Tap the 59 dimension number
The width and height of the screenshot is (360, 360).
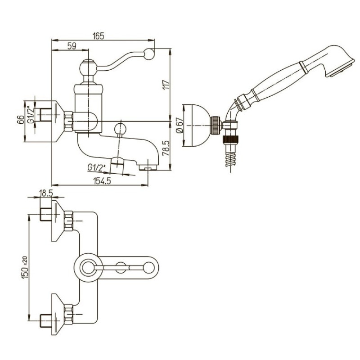click(71, 45)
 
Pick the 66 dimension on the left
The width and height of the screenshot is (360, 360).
click(20, 120)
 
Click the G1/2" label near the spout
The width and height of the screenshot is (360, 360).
click(96, 167)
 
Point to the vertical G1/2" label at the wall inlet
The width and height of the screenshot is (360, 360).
click(31, 114)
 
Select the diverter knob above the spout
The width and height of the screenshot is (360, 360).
click(121, 128)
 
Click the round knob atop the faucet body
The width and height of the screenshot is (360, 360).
click(87, 70)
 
